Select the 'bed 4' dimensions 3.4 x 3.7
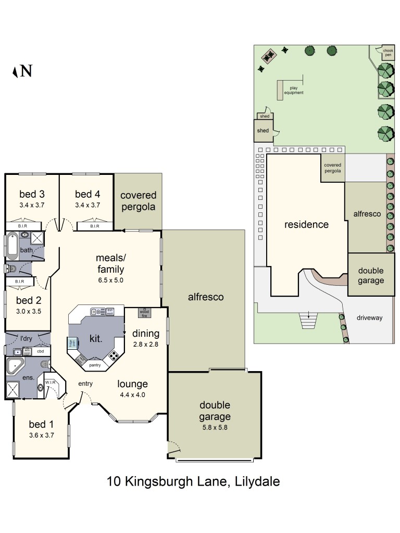[x=87, y=205]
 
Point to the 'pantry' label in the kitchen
[x=95, y=365]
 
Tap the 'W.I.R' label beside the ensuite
[x=50, y=382]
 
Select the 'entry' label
[x=85, y=384]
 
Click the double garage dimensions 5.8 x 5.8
[x=214, y=427]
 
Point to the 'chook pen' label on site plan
[x=388, y=52]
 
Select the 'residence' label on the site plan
[x=306, y=225]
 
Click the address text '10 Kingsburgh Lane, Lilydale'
[x=193, y=481]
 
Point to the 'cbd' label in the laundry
[x=40, y=351]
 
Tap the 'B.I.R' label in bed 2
[x=20, y=282]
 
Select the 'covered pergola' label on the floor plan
[x=138, y=201]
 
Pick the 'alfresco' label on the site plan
[x=367, y=214]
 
